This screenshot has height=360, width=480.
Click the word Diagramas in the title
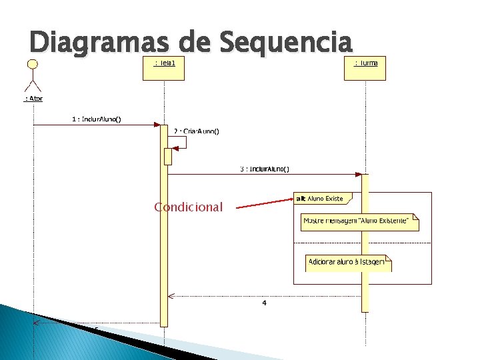[94, 43]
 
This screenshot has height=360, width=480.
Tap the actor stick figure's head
[31, 64]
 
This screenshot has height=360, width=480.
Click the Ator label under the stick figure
[33, 99]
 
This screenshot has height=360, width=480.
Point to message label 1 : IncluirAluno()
[97, 119]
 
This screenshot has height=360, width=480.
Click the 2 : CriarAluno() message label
[196, 131]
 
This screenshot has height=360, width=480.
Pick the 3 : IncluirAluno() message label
[265, 169]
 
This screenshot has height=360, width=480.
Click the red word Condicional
[188, 207]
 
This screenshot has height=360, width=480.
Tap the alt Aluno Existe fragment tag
[321, 199]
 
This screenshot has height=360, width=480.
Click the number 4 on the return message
[265, 303]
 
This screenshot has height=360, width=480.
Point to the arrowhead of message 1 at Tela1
[157, 124]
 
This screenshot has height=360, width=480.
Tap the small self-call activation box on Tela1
[168, 156]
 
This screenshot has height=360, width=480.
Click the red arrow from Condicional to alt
[264, 203]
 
